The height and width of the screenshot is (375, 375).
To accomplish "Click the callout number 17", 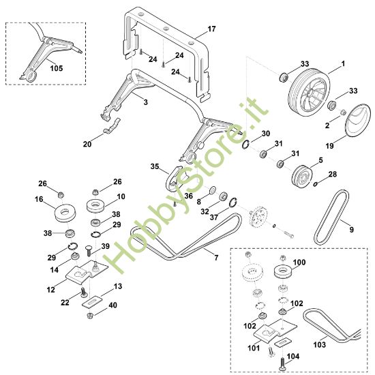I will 211,29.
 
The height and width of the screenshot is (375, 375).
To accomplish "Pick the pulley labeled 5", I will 297,176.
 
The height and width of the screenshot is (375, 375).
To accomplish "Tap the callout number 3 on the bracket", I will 145,100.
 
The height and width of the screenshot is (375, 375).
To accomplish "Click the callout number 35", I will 155,166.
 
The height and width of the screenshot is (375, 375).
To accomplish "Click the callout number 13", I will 118,286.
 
